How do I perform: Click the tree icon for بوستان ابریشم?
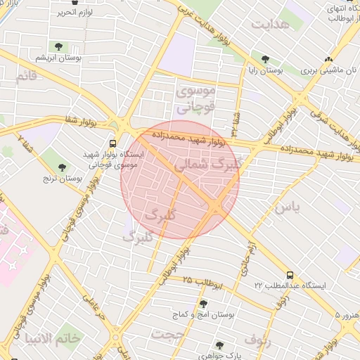[58, 47]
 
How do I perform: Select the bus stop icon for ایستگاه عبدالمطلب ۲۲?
[290, 276]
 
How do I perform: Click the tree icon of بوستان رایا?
[264, 60]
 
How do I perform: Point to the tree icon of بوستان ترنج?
[62, 167]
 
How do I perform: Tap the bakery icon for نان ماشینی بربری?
[328, 60]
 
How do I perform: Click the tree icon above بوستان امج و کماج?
[204, 304]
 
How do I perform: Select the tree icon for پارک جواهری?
[219, 345]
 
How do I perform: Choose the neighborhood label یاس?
[287, 207]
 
